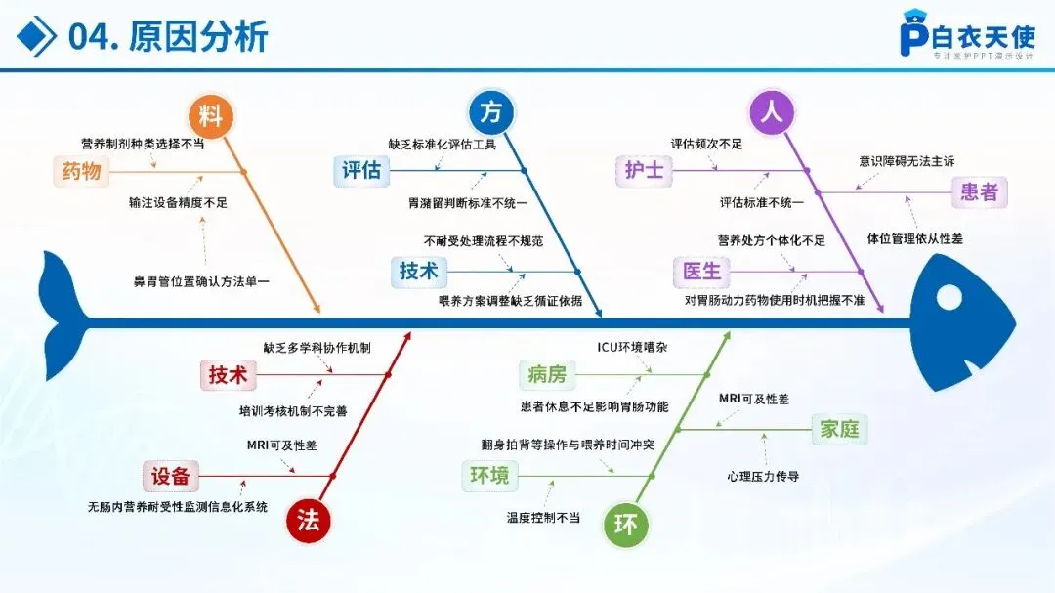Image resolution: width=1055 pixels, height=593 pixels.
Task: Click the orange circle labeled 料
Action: tap(210, 116)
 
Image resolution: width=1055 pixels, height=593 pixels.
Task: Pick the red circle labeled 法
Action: tap(309, 521)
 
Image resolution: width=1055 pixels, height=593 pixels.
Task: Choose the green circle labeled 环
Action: tap(626, 526)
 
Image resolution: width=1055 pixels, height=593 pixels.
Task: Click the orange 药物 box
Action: tap(81, 171)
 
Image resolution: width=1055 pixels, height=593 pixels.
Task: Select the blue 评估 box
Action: tap(361, 171)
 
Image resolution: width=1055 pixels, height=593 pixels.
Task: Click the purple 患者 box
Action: tap(979, 192)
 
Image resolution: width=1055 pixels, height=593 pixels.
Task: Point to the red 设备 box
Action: tap(171, 476)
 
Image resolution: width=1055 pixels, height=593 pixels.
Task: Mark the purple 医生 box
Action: tap(701, 271)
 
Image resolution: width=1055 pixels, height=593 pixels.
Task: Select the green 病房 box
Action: tap(547, 373)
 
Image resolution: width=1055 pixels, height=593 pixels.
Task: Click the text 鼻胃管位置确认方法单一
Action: tap(201, 281)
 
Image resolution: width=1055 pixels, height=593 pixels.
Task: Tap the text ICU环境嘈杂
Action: tap(633, 348)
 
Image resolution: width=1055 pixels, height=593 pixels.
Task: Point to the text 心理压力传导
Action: tap(763, 477)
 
